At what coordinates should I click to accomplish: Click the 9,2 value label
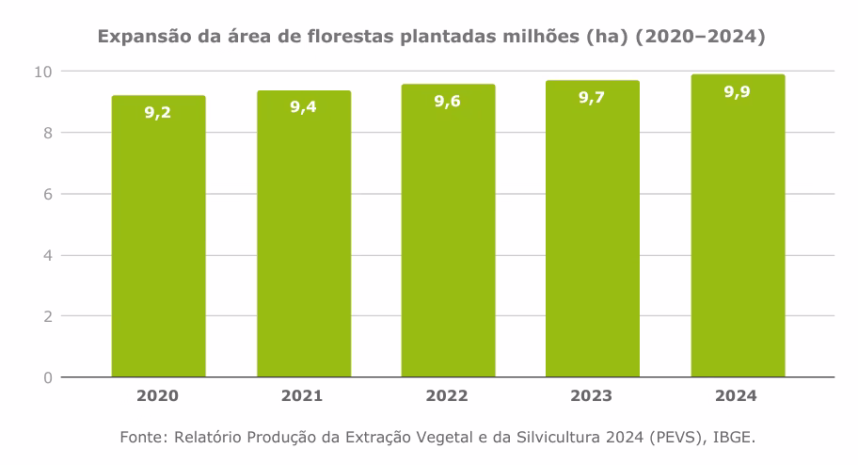click(158, 112)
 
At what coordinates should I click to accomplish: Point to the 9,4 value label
click(303, 106)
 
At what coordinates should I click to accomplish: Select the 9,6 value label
click(448, 101)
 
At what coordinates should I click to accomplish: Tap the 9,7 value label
click(593, 97)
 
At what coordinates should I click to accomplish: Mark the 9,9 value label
click(738, 91)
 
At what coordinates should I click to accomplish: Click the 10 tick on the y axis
click(42, 72)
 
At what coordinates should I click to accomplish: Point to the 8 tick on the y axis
click(46, 133)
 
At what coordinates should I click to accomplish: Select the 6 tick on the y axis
click(46, 194)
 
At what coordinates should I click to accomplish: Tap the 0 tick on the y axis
click(46, 377)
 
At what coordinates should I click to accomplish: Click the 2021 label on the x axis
click(303, 396)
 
